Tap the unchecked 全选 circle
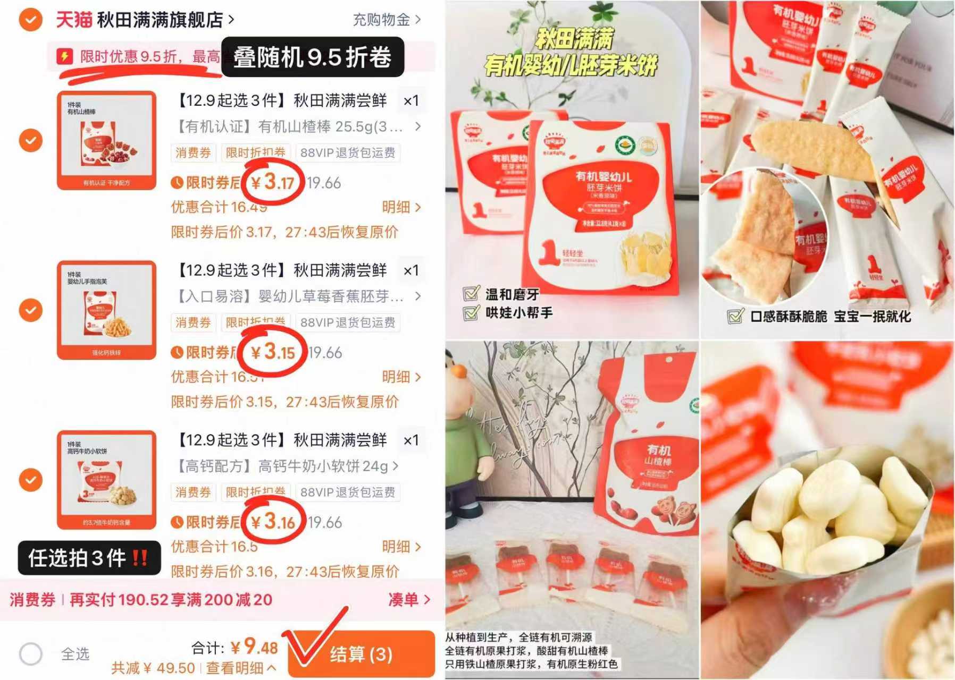tap(31, 653)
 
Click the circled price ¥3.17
tap(273, 183)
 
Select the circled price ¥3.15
tap(273, 352)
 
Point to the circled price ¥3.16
tap(273, 522)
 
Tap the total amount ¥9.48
tap(255, 647)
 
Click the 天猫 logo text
tap(74, 20)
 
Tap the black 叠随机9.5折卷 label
tap(312, 57)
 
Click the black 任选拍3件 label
tap(89, 558)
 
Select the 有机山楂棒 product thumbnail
tap(106, 141)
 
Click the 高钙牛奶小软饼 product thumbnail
tap(106, 480)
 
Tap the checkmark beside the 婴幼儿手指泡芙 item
tap(31, 310)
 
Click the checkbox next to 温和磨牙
tap(471, 294)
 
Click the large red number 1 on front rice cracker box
tap(548, 253)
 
